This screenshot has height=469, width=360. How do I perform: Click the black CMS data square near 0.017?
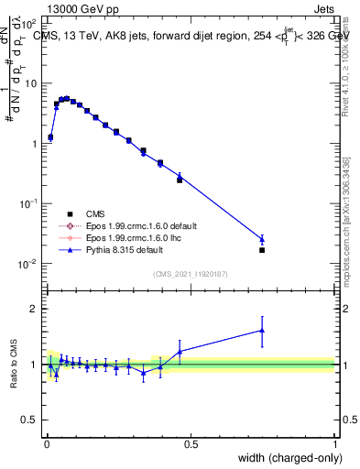[x=262, y=249]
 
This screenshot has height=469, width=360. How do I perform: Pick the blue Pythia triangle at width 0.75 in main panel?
[x=262, y=240]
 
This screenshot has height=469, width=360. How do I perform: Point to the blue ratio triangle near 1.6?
[x=262, y=331]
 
